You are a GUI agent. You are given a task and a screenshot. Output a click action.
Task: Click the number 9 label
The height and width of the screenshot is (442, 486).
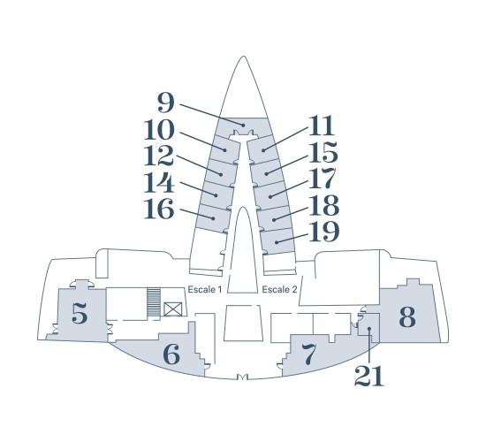166,103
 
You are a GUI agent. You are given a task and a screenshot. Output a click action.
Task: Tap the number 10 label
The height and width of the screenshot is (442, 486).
159,130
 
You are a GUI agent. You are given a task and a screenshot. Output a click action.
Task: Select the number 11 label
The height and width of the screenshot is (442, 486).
322,126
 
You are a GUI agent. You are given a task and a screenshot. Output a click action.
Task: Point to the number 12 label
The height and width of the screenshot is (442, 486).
159,156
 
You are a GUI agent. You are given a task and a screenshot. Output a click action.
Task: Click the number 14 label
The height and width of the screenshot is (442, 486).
159,183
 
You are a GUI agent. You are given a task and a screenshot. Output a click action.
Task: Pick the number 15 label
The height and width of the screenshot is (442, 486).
323,152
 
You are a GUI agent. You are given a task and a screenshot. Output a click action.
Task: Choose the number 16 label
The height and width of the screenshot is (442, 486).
159,209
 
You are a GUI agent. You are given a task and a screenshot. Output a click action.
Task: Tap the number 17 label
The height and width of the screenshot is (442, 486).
323,179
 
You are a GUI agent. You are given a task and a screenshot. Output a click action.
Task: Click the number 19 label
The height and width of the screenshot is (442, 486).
324,232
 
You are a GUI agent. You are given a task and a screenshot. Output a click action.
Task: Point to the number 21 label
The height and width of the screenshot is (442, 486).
369,376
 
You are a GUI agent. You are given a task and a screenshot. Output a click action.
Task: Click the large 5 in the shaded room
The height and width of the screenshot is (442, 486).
80,314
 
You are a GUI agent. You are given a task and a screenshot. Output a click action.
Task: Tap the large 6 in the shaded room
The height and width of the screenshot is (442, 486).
171,354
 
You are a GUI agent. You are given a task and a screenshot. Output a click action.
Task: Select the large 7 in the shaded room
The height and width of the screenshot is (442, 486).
308,354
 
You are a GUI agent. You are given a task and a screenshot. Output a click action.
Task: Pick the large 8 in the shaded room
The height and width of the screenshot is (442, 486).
407,316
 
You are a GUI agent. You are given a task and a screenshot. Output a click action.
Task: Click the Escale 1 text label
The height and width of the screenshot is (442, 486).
205,290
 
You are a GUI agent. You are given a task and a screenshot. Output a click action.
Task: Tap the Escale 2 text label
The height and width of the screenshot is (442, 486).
279,290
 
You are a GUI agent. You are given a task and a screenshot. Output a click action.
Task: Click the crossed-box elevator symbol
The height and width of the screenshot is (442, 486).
173,309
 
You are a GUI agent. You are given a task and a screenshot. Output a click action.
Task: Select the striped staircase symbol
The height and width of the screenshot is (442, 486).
154,302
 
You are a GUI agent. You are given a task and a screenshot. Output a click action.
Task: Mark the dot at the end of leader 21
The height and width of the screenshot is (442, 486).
369,329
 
